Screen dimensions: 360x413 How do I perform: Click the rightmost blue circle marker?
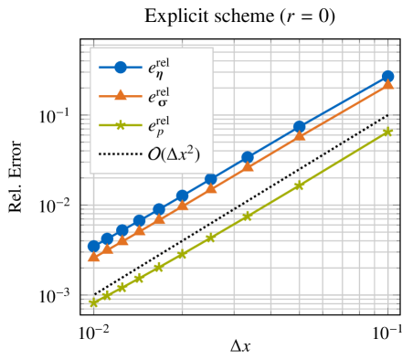(387, 77)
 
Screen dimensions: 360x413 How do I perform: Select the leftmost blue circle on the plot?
(94, 246)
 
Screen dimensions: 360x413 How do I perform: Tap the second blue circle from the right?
(299, 127)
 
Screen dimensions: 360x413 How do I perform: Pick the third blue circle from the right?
(248, 157)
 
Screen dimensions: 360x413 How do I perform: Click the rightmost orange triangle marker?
(387, 85)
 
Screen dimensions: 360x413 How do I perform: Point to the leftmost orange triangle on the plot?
(94, 258)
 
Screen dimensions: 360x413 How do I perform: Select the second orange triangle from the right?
(299, 136)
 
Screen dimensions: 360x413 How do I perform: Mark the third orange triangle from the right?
(248, 166)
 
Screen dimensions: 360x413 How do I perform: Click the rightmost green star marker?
(387, 132)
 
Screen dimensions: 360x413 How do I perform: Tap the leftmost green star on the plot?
(94, 302)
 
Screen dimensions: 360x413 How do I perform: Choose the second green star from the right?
(299, 185)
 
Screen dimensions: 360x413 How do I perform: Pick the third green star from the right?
(248, 216)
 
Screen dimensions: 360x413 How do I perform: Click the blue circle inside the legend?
(120, 67)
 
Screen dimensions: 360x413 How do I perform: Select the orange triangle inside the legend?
(120, 95)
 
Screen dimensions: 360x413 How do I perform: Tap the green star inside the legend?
(120, 125)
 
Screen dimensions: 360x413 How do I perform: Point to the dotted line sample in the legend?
(120, 154)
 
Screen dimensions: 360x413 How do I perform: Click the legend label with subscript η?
(160, 67)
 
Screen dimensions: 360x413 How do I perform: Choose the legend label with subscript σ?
(160, 96)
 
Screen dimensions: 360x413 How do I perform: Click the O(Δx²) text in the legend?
(174, 154)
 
